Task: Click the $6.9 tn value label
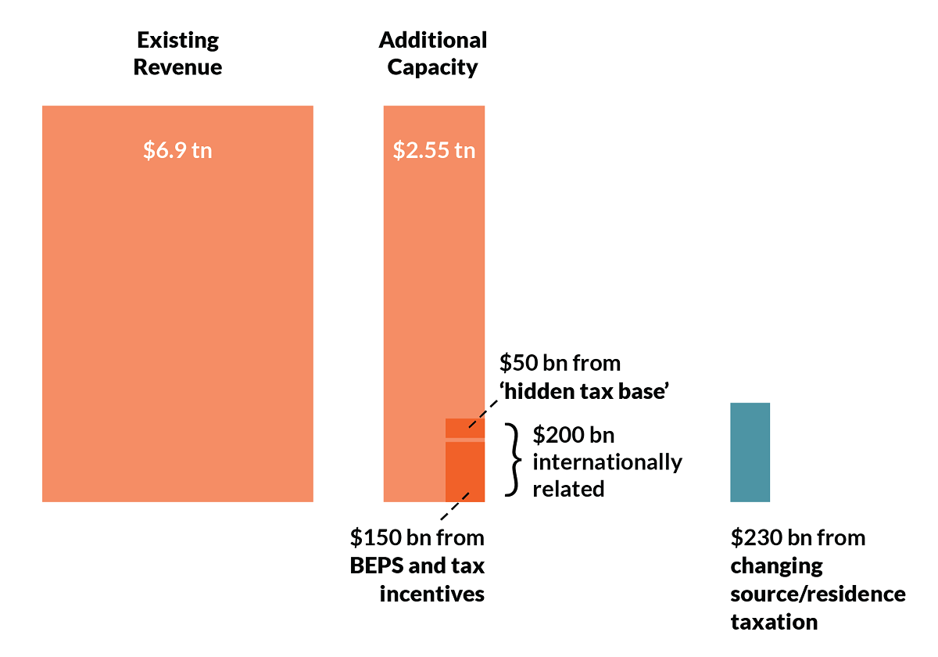(177, 149)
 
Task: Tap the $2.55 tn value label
(434, 149)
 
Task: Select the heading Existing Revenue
(177, 53)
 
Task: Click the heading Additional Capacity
(433, 53)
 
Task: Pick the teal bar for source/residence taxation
(750, 452)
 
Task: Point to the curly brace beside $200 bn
(513, 460)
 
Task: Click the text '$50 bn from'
(560, 364)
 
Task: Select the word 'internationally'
(607, 461)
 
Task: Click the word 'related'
(568, 489)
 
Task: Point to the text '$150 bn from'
(417, 538)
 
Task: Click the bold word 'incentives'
(432, 594)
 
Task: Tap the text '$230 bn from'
(798, 538)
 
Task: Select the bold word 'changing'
(777, 565)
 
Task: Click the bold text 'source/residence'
(818, 594)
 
